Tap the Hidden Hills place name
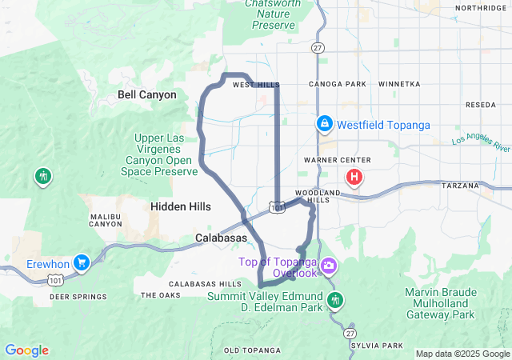pos(181,206)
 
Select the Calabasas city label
pos(222,238)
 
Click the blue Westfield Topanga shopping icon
pos(325,125)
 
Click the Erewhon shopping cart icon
pos(81,262)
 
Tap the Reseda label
pos(481,105)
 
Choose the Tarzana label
pos(460,186)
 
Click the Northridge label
pos(482,8)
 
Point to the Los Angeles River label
pos(480,144)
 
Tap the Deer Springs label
pos(78,297)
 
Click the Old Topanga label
pos(252,350)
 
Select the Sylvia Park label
pos(377,346)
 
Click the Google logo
pos(26,350)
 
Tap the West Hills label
pos(256,85)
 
